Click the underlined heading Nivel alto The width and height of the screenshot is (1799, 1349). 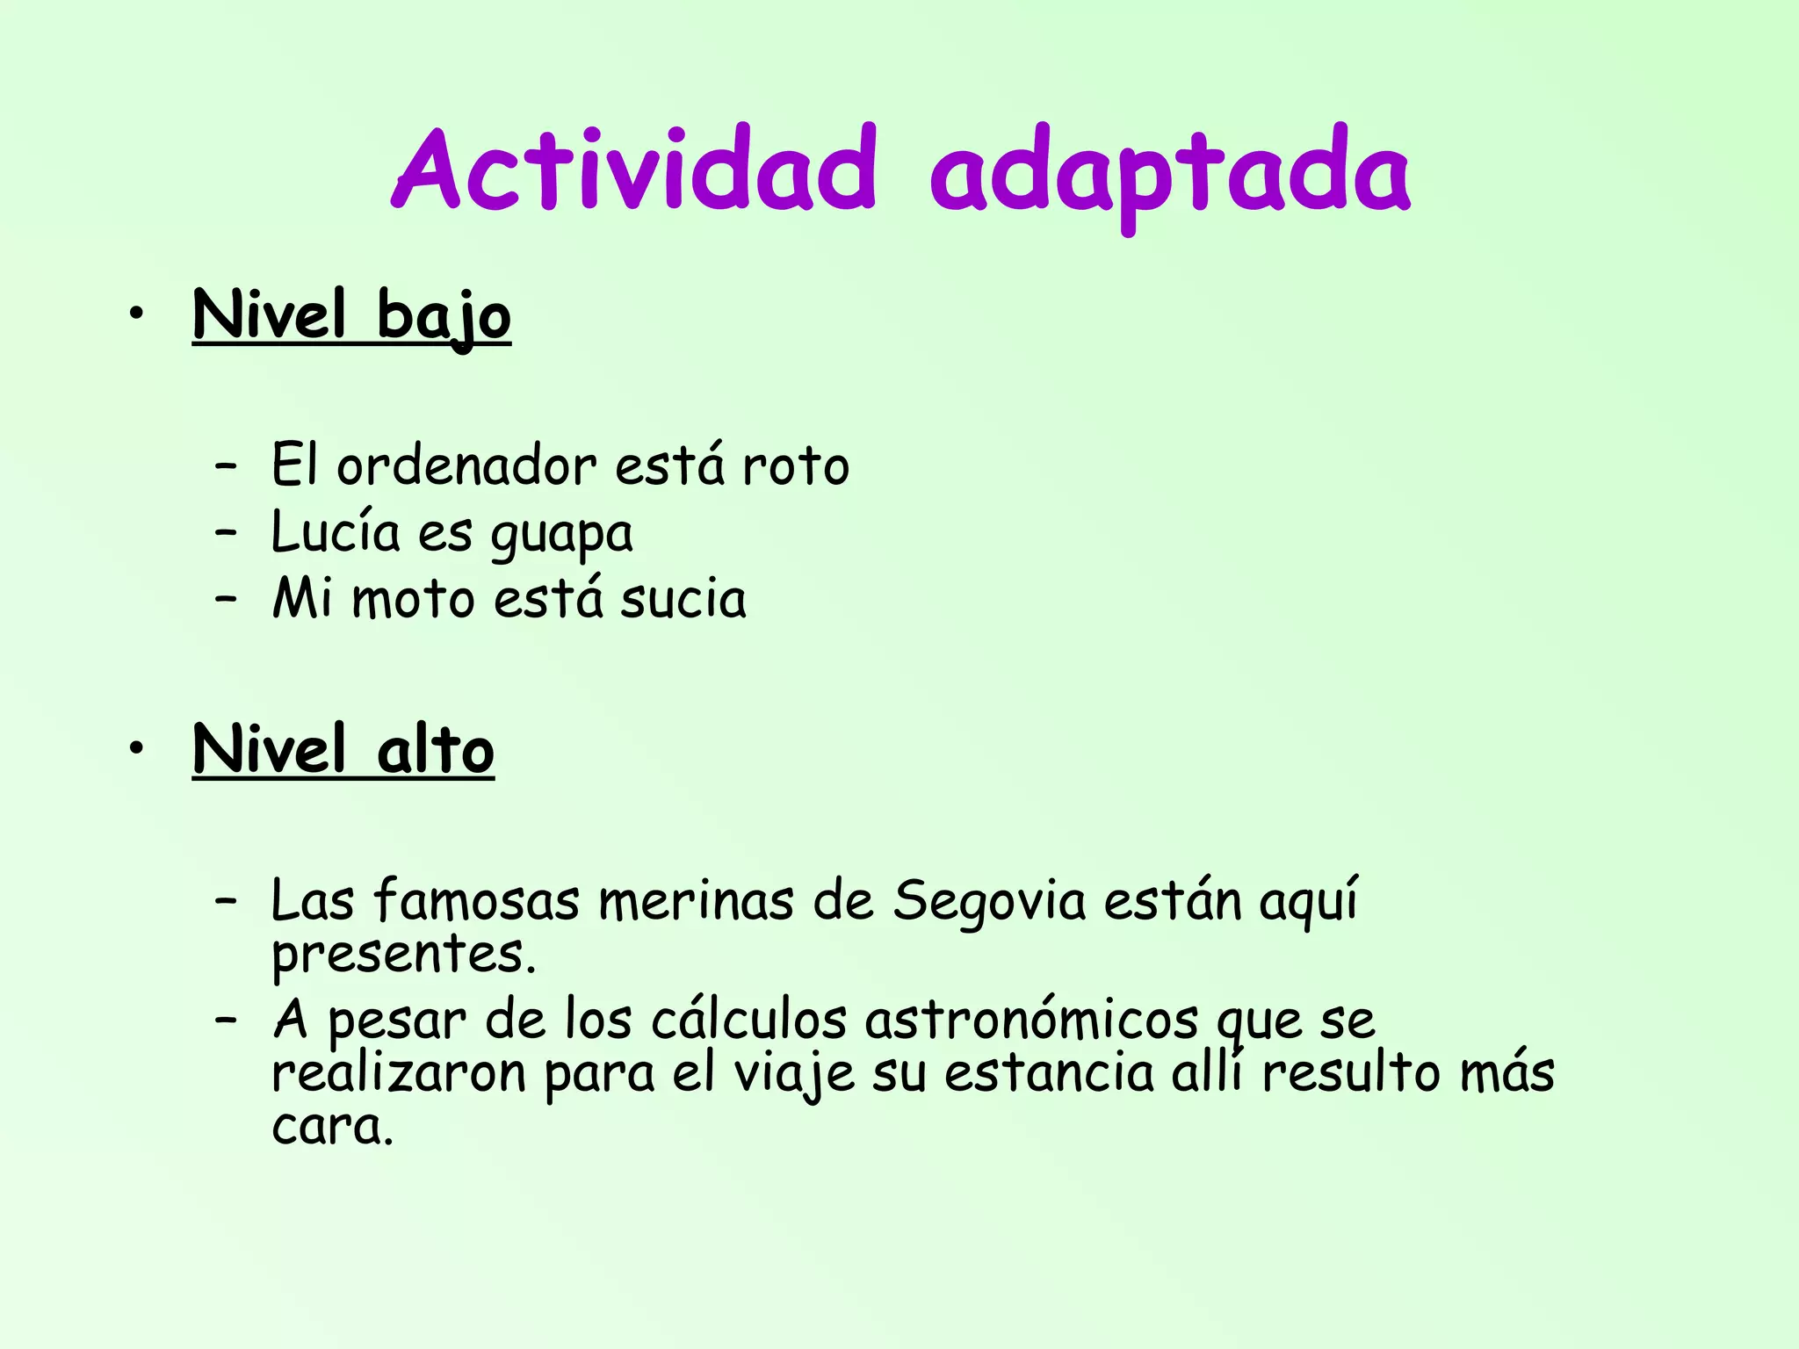(343, 750)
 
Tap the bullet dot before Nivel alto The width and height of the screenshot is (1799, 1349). (134, 749)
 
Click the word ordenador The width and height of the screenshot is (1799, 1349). (466, 465)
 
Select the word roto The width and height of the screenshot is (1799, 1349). (796, 465)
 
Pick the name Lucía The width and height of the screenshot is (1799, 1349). (335, 532)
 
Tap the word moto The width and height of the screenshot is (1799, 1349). (413, 599)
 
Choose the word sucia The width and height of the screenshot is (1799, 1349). (683, 599)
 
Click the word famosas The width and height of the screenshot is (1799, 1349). (476, 901)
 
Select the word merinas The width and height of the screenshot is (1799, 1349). (696, 901)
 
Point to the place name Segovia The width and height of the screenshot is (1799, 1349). (990, 903)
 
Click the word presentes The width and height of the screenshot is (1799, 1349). (402, 956)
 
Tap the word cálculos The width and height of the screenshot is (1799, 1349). (748, 1021)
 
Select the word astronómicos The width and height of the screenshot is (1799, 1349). (1031, 1021)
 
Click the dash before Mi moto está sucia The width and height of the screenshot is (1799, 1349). (226, 599)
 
